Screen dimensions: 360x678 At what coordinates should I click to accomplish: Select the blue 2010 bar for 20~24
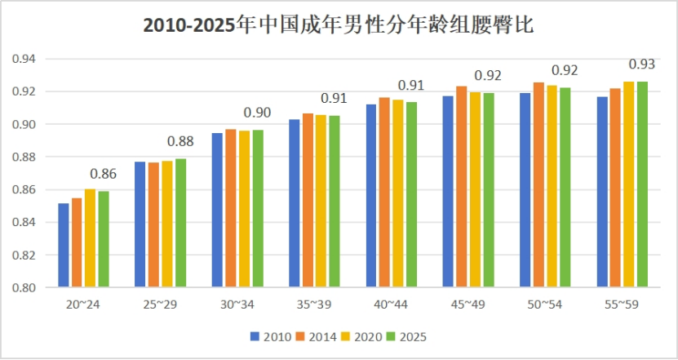[x=64, y=245]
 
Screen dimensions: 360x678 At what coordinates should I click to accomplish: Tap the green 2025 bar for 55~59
[x=642, y=184]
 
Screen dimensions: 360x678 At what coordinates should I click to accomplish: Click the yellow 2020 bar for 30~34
[x=244, y=209]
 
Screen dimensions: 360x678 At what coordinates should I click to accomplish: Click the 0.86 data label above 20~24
[x=104, y=174]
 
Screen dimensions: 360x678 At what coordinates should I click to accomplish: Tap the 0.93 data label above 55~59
[x=642, y=64]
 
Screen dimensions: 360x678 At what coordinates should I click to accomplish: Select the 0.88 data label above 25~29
[x=180, y=141]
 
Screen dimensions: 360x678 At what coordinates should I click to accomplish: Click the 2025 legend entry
[x=406, y=336]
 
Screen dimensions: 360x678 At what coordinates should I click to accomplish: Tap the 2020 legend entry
[x=360, y=336]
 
